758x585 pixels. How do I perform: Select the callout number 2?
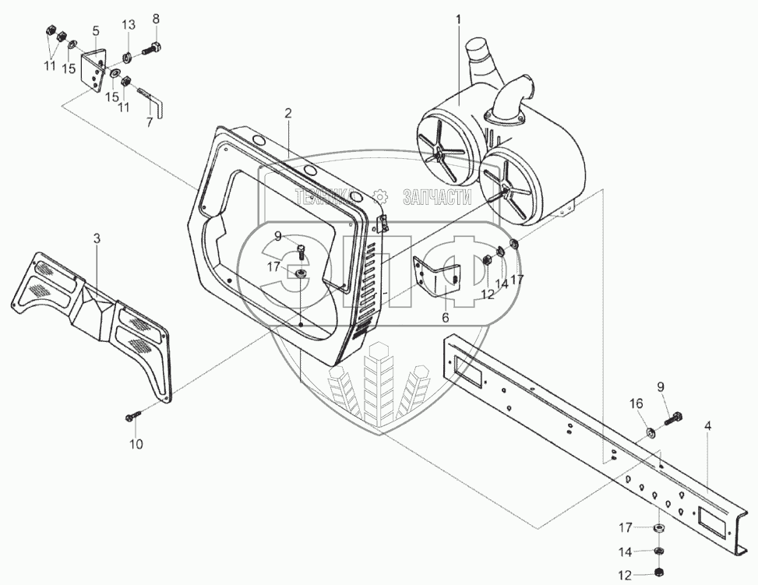[x=287, y=113]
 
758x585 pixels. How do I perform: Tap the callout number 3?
[x=97, y=238]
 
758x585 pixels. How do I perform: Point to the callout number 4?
[x=707, y=426]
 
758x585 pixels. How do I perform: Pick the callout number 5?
[x=96, y=30]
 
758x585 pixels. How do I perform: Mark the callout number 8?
[x=156, y=18]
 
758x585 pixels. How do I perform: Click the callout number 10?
[x=136, y=445]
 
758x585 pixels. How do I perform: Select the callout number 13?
[x=128, y=25]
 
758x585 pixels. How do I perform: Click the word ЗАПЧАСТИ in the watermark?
[x=437, y=199]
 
